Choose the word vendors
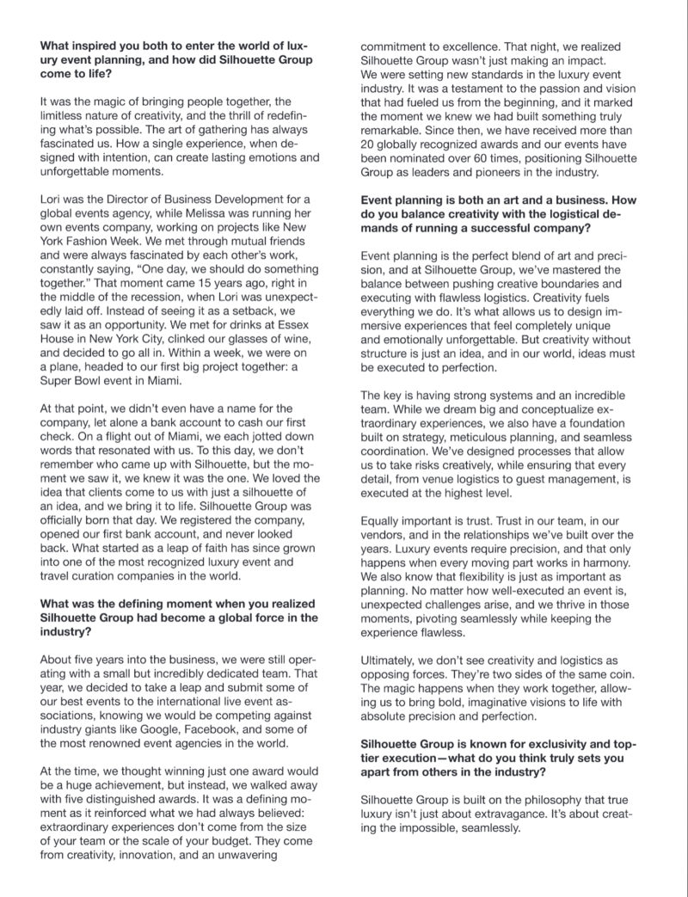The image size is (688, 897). coord(383,535)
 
